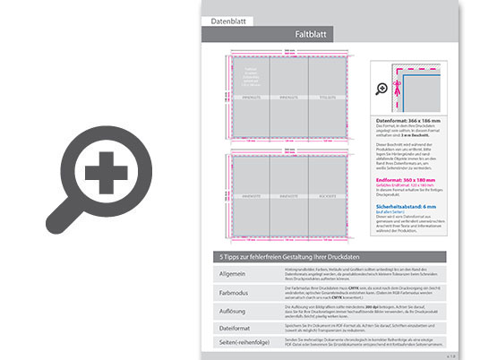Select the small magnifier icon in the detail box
click(382, 89)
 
